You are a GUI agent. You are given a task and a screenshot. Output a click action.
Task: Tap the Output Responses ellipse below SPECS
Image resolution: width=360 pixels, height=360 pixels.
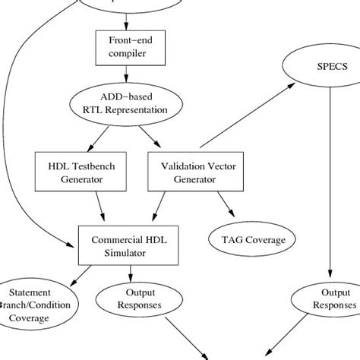coord(327,298)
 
